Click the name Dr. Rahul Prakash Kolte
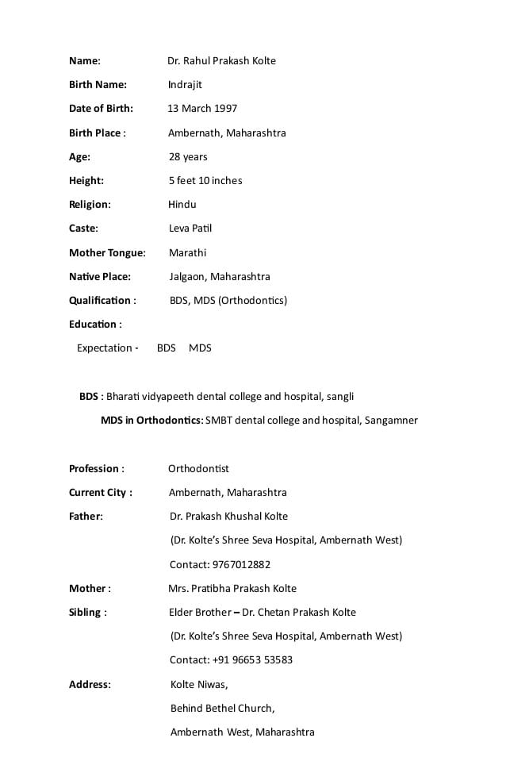click(221, 61)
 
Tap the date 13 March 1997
click(202, 109)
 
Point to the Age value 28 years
click(188, 157)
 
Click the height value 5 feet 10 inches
click(205, 181)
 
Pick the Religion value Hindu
click(182, 205)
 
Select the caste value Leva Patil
click(190, 229)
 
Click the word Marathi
click(187, 253)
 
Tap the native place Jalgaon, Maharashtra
click(220, 277)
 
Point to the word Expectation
click(105, 348)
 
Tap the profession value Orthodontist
click(198, 469)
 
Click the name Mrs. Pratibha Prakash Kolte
click(232, 589)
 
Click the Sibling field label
click(87, 613)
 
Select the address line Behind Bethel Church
click(222, 709)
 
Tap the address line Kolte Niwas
click(199, 685)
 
